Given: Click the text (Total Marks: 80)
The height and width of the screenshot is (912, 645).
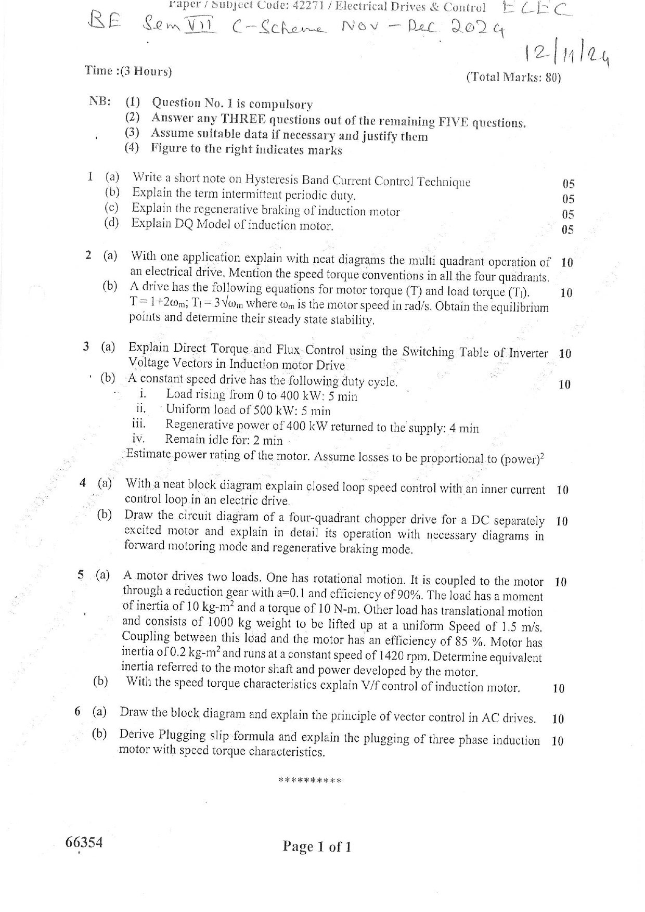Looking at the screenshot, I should pos(513,78).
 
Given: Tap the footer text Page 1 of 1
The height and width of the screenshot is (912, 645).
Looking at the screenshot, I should pos(317,846).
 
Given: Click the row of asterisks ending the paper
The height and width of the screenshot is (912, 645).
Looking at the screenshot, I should pos(310,780).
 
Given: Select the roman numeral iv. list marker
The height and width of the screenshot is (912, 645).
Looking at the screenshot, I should pos(138,439).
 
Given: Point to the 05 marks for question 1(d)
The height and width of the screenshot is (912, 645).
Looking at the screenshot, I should pos(567,229).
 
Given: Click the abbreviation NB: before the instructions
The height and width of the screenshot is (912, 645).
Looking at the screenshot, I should pos(100,101).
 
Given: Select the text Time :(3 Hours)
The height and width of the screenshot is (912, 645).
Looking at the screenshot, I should pos(128,71).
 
